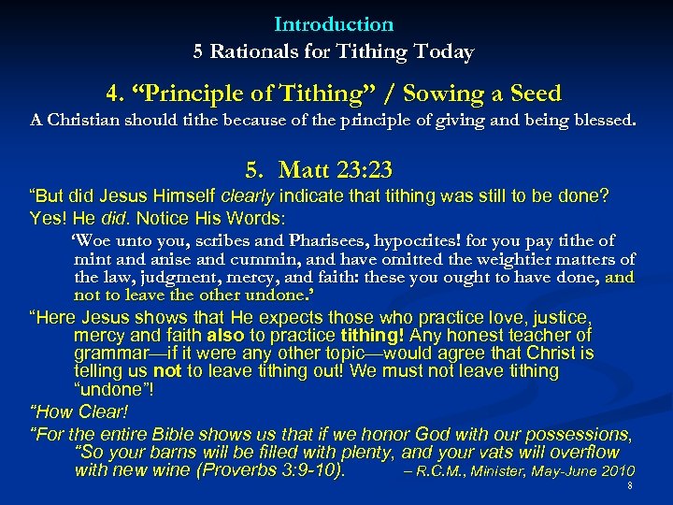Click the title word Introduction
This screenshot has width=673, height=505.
(334, 24)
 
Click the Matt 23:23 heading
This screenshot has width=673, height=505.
(320, 170)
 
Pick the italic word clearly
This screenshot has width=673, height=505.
(248, 196)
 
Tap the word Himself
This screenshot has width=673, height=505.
(179, 196)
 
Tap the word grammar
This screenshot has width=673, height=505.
(109, 353)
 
